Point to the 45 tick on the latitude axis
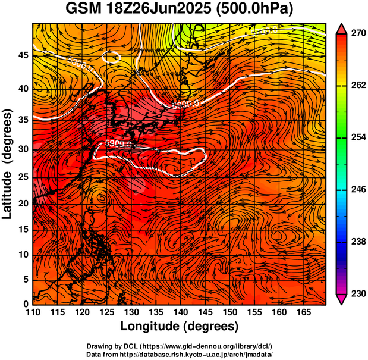pyautogui.click(x=23, y=55)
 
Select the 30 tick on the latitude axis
pyautogui.click(x=23, y=149)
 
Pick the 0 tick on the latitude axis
pyautogui.click(x=26, y=304)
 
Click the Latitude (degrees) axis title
pyautogui.click(x=8, y=164)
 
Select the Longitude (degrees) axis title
pyautogui.click(x=180, y=327)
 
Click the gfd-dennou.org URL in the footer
pyautogui.click(x=204, y=346)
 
